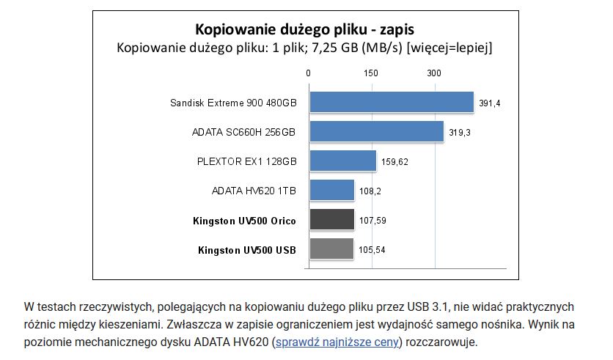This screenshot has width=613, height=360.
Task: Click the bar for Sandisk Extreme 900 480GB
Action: pyautogui.click(x=392, y=102)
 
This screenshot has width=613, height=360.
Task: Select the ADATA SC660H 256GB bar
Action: pyautogui.click(x=376, y=131)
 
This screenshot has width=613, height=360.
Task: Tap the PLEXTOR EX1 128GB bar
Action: pyautogui.click(x=342, y=161)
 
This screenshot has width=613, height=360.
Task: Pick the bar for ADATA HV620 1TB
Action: pyautogui.click(x=331, y=190)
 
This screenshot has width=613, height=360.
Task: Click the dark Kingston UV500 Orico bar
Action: pyautogui.click(x=331, y=219)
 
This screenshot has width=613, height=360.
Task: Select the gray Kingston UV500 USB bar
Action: pyautogui.click(x=331, y=249)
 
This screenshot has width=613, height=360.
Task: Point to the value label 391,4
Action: pyautogui.click(x=489, y=103)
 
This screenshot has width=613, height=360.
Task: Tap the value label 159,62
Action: pyautogui.click(x=394, y=162)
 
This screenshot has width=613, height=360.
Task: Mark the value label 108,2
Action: pyautogui.click(x=370, y=191)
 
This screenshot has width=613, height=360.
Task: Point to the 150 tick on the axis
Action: pyautogui.click(x=371, y=73)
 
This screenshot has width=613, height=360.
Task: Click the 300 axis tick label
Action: pyautogui.click(x=434, y=73)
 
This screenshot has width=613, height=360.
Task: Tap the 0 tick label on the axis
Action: pyautogui.click(x=309, y=73)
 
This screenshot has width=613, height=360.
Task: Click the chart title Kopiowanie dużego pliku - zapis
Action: pyautogui.click(x=304, y=30)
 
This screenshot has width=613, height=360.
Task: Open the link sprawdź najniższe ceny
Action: pyautogui.click(x=337, y=342)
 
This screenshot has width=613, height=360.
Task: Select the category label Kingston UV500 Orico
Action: pyautogui.click(x=244, y=220)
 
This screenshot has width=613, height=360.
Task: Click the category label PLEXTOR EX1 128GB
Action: pyautogui.click(x=247, y=161)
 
